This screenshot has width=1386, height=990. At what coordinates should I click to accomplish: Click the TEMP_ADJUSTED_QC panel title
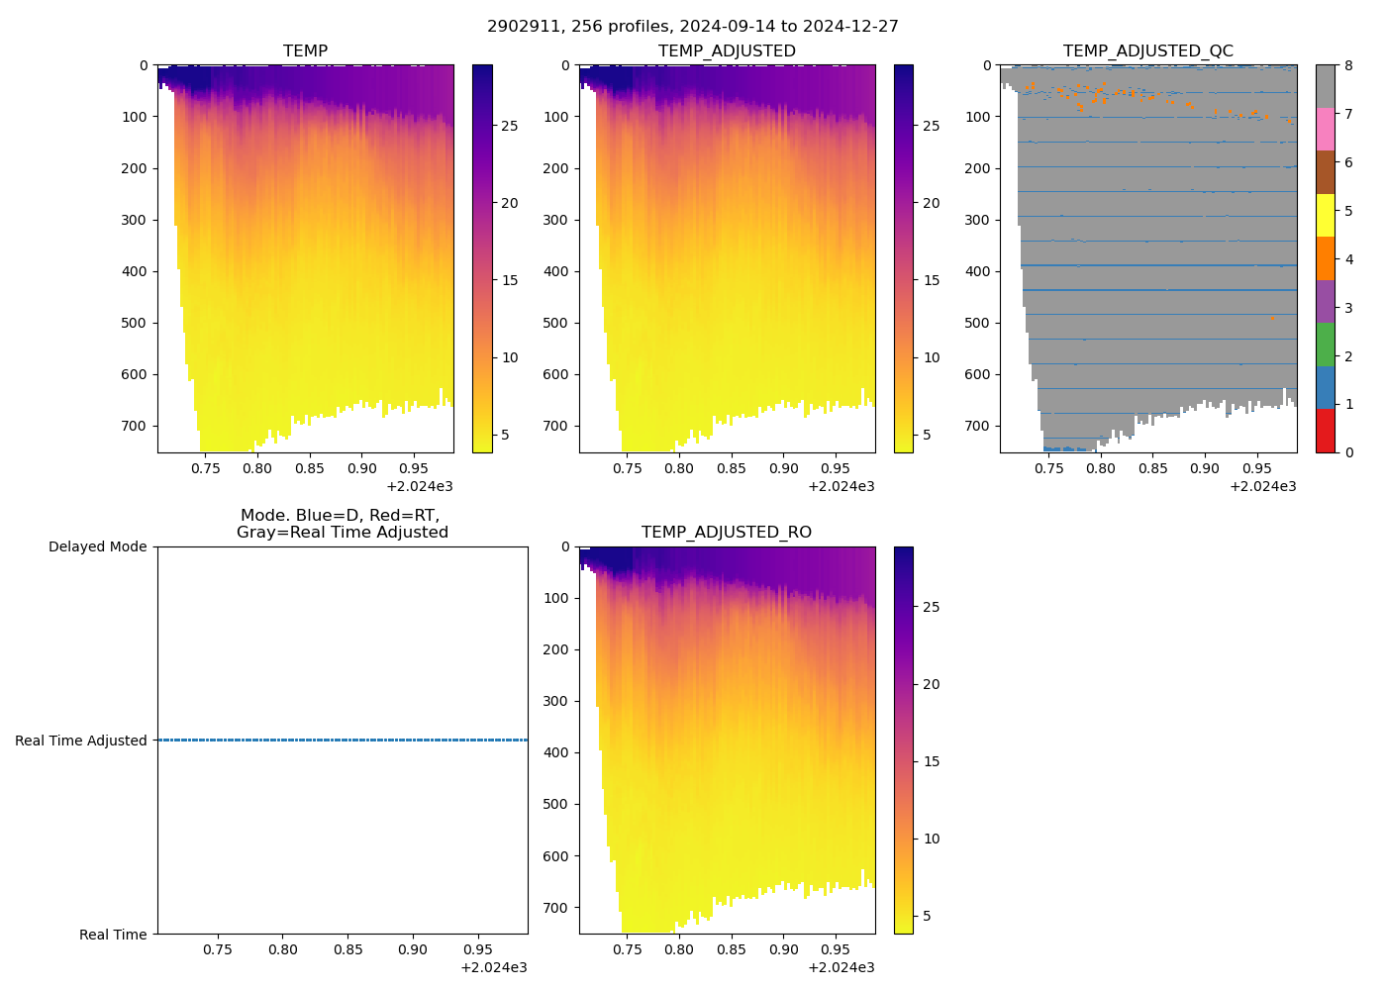(1147, 50)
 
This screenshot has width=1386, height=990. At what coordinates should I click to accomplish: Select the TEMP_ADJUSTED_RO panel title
(726, 532)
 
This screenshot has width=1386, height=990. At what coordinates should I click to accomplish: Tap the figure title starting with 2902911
(692, 26)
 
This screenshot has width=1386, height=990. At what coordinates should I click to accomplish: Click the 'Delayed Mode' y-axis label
(97, 546)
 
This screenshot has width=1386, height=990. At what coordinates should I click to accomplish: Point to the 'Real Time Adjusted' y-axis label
(80, 741)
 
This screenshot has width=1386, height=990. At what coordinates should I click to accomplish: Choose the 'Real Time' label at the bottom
(113, 935)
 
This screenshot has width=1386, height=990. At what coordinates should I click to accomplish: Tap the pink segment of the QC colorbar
(1326, 129)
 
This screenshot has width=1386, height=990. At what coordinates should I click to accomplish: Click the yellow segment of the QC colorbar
(1326, 215)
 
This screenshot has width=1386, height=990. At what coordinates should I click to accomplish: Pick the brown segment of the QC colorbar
(1326, 172)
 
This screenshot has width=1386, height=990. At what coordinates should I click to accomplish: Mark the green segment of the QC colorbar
(1326, 345)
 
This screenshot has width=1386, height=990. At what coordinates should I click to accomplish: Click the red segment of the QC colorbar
(1326, 431)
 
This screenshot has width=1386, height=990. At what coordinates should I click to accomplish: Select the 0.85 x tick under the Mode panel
(347, 949)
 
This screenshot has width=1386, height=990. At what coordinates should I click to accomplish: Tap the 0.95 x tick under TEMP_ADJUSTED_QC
(1256, 468)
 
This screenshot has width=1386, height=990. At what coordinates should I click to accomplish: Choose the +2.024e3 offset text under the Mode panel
(494, 967)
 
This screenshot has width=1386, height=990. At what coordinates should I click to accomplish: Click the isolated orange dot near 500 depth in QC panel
(1272, 319)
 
